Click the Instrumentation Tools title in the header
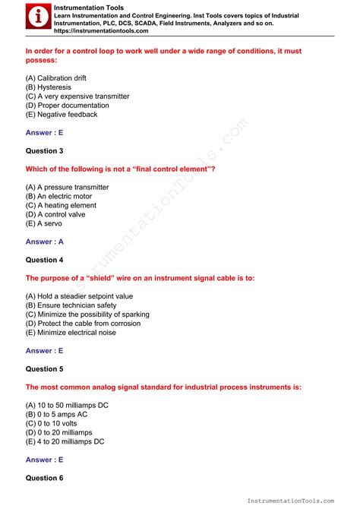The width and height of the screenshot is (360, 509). click(x=84, y=7)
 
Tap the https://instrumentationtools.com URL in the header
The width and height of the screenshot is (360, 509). click(x=101, y=32)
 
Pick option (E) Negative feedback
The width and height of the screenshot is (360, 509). click(x=62, y=115)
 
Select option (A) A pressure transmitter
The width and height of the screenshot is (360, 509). click(x=67, y=187)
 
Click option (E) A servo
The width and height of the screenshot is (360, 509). click(x=44, y=223)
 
